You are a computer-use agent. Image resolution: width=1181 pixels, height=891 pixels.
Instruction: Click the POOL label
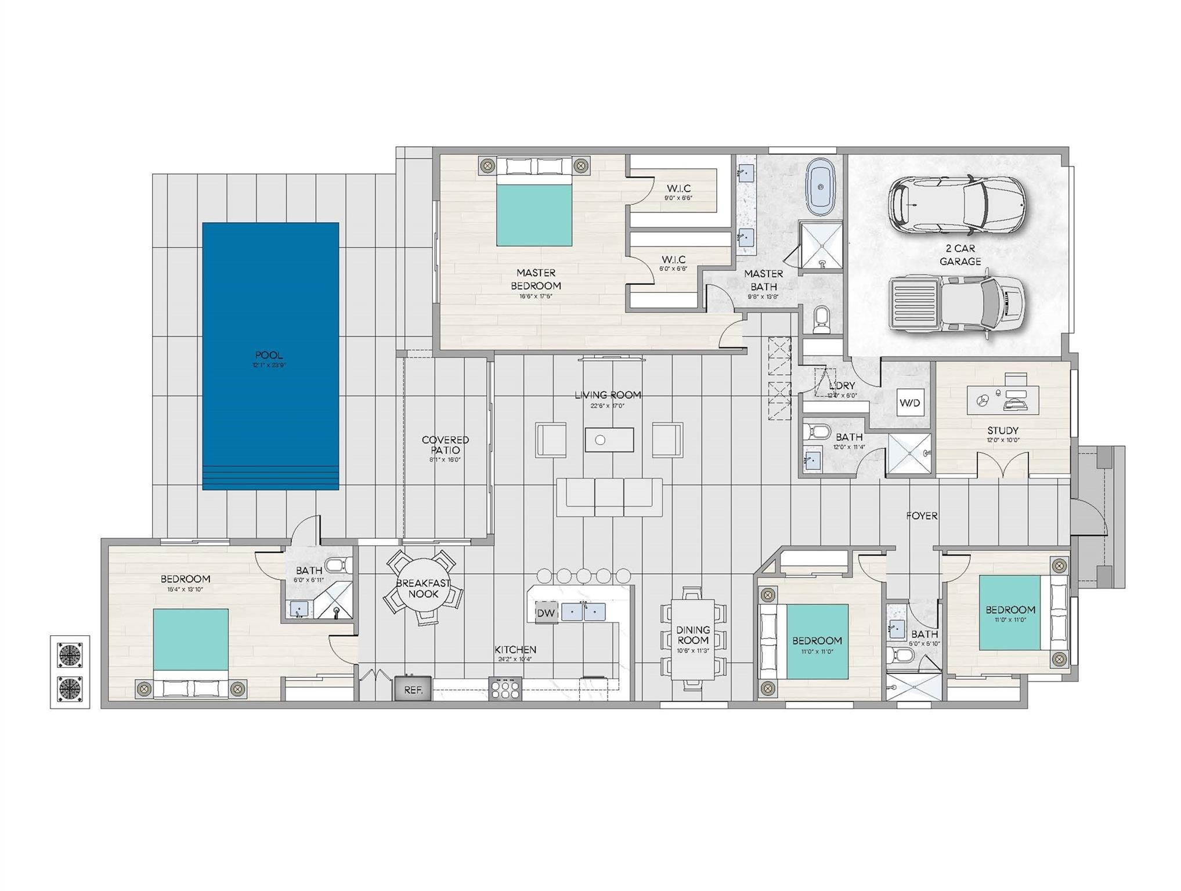point(269,355)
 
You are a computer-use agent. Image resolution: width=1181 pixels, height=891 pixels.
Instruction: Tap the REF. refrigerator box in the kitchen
point(413,690)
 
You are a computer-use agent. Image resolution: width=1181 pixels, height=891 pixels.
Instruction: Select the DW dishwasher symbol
point(546,613)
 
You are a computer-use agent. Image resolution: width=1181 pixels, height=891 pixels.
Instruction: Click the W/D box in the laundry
point(909,403)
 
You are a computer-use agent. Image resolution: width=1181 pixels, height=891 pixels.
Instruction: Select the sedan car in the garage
point(956,205)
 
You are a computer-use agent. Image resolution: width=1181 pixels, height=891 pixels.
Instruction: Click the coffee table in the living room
point(609,440)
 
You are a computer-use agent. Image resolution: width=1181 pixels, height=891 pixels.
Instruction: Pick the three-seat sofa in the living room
point(609,497)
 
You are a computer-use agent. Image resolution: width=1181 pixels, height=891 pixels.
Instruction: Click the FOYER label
point(922,516)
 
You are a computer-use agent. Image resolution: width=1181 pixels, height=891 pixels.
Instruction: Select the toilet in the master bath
point(821,319)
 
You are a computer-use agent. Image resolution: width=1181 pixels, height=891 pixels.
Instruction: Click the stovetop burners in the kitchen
point(504,689)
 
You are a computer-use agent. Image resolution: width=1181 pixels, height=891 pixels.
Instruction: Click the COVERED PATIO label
point(445,445)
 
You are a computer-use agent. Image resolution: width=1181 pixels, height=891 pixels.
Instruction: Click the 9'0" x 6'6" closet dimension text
point(678,198)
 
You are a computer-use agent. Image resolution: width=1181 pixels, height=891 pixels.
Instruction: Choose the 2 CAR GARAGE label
point(960,255)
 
